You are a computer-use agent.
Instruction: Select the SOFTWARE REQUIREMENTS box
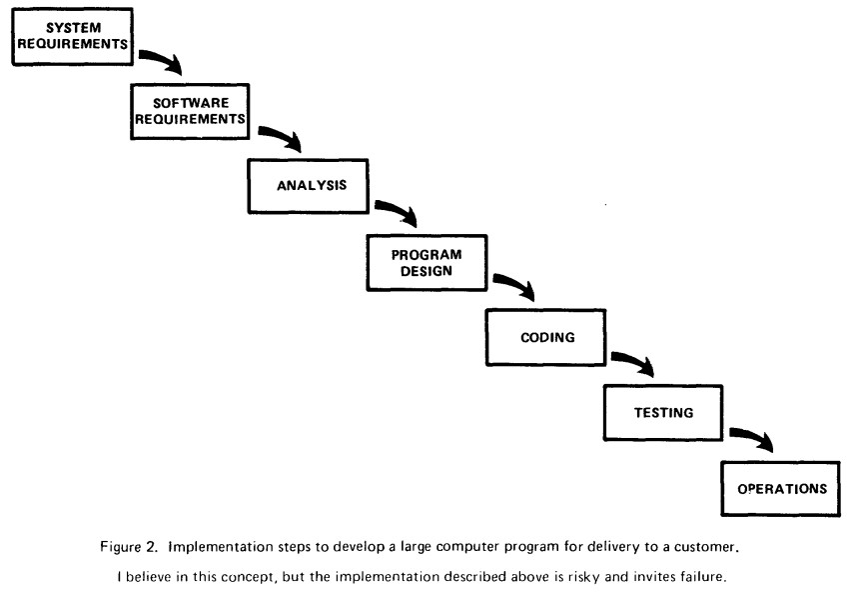tap(189, 111)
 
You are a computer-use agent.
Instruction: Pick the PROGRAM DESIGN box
tap(425, 261)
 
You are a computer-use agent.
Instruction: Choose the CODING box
tap(546, 337)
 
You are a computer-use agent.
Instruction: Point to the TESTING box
tap(664, 412)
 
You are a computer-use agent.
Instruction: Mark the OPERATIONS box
tap(781, 489)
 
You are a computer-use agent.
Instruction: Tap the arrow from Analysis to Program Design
tap(398, 212)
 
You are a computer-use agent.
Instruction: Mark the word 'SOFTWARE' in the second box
tap(187, 103)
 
